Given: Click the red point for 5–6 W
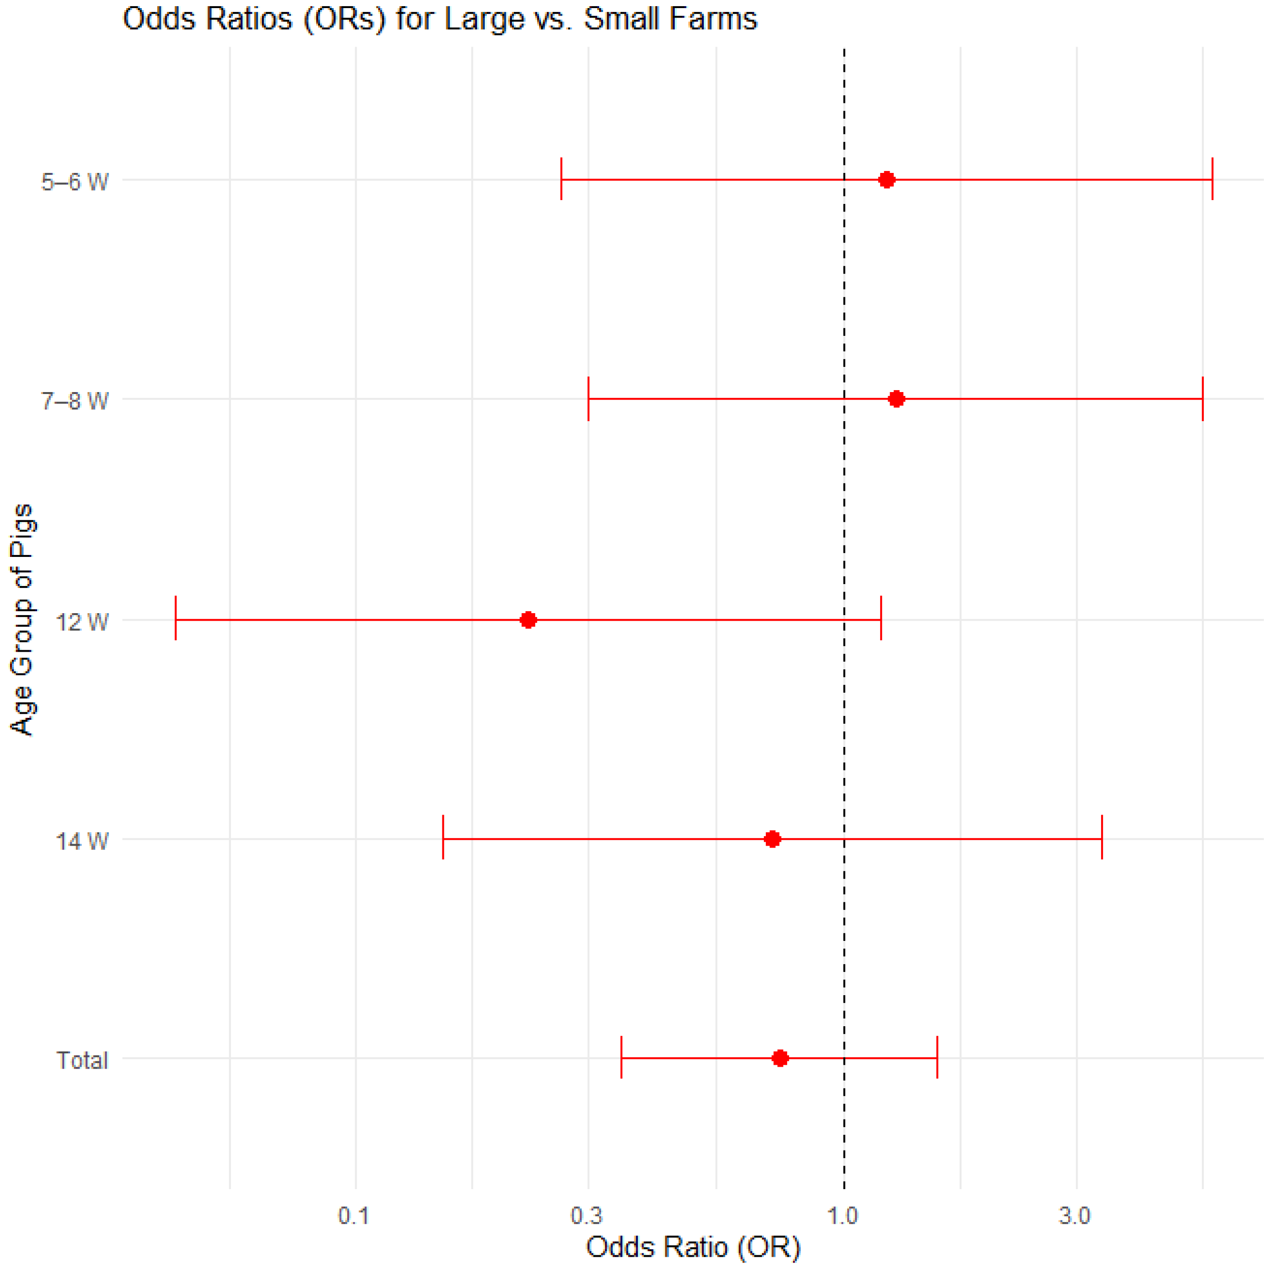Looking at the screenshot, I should (x=886, y=180).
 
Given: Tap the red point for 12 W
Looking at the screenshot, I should (x=528, y=619).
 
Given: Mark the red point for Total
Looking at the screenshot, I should (x=780, y=1058).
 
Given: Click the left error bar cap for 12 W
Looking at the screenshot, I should (x=176, y=618).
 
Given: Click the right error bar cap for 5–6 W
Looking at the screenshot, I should (x=1212, y=179).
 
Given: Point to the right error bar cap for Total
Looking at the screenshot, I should (x=937, y=1057).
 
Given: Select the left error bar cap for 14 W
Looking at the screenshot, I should (x=443, y=837).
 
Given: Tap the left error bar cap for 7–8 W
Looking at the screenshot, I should (x=588, y=399).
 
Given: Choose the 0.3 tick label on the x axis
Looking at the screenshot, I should (x=586, y=1216).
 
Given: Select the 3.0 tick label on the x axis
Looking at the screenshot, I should (x=1074, y=1216).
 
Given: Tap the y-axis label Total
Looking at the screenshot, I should (x=81, y=1060).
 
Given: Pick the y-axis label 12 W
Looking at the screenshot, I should (x=81, y=621).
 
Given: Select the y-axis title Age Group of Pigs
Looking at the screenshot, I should (x=22, y=619).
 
